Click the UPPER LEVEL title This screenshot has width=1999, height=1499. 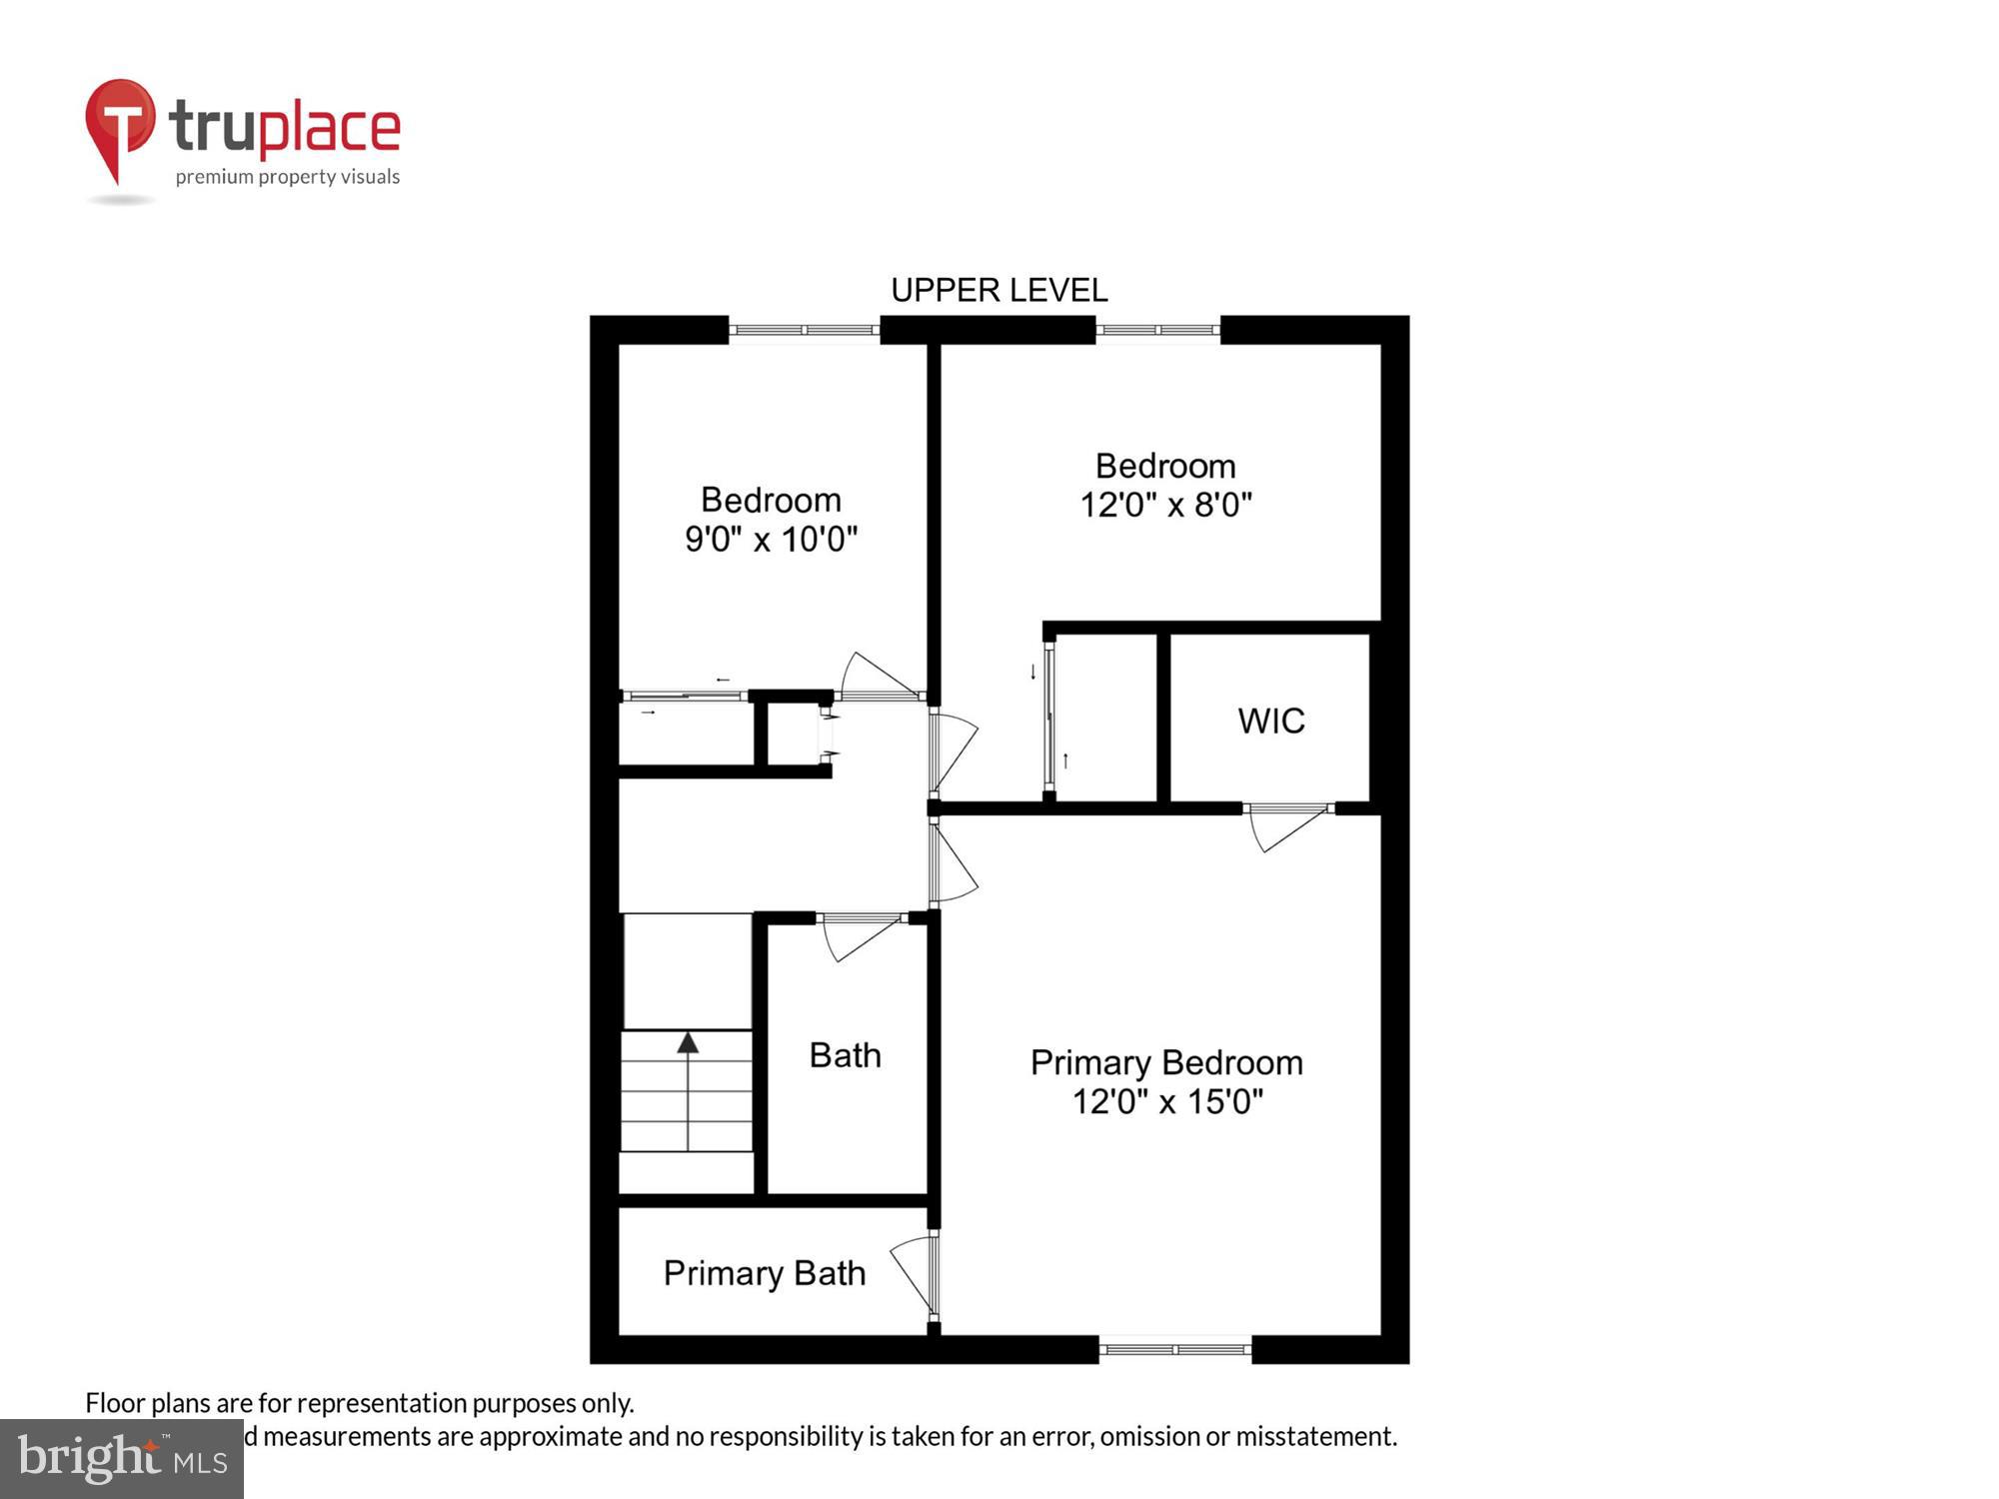(999, 291)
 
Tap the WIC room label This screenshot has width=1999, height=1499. (1270, 721)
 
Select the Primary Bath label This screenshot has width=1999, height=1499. (764, 1273)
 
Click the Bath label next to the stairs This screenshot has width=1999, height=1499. (845, 1055)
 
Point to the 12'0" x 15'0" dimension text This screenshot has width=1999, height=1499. (1167, 1102)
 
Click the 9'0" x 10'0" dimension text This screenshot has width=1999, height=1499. (771, 540)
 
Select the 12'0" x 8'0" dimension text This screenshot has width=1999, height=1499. (1165, 505)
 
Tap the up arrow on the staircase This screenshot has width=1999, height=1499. (688, 1044)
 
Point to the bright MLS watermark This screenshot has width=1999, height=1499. (122, 1460)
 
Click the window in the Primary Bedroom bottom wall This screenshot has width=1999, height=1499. (1175, 1349)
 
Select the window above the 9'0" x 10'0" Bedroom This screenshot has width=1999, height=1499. (804, 330)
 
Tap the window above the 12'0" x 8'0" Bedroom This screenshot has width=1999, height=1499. (1157, 330)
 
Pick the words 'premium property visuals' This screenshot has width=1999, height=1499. (288, 177)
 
